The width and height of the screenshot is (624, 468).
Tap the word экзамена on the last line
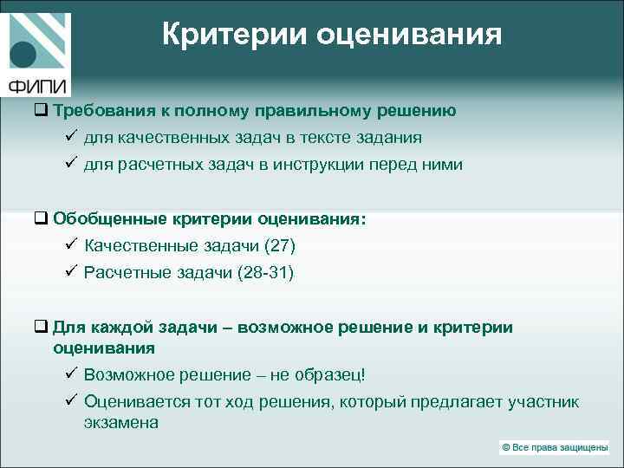[x=121, y=423]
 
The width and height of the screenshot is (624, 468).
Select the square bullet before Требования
[x=41, y=111]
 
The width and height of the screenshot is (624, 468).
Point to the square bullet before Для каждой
[x=41, y=328]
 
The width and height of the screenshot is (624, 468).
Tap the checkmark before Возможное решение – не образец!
[x=71, y=374]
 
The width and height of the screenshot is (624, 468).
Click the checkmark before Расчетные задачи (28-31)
[x=71, y=273]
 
